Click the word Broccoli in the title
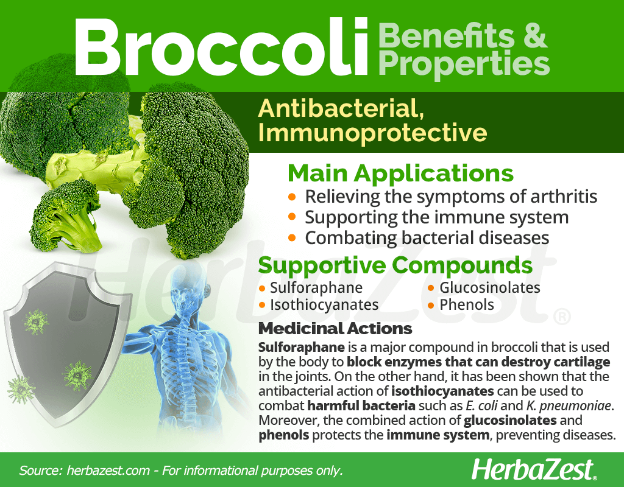pyautogui.click(x=221, y=47)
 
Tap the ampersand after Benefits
pyautogui.click(x=533, y=35)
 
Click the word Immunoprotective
pyautogui.click(x=372, y=133)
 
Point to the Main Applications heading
pyautogui.click(x=400, y=173)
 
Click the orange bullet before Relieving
pyautogui.click(x=292, y=197)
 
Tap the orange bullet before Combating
pyautogui.click(x=292, y=238)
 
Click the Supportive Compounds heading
pyautogui.click(x=395, y=265)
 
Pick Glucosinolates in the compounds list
pyautogui.click(x=489, y=287)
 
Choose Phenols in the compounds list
pyautogui.click(x=466, y=304)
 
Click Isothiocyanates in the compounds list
pyautogui.click(x=324, y=304)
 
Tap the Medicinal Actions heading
pyautogui.click(x=335, y=328)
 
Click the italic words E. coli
pyautogui.click(x=481, y=405)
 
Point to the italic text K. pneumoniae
pyautogui.click(x=569, y=406)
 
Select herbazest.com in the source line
pyautogui.click(x=108, y=471)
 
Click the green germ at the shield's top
pyautogui.click(x=36, y=321)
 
